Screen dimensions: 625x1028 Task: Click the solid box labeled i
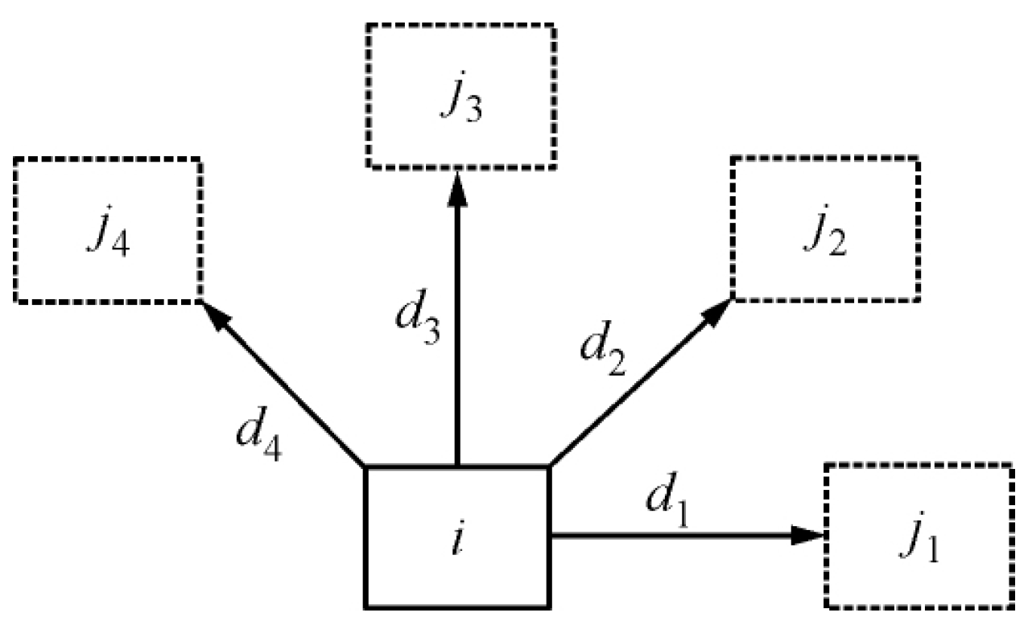coord(457,536)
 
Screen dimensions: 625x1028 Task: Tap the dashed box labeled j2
coord(825,229)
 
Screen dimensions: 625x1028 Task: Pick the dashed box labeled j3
coord(460,97)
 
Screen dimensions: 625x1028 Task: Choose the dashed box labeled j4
coord(108,230)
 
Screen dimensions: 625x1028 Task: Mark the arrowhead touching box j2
coord(716,312)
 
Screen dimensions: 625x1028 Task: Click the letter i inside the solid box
coord(457,535)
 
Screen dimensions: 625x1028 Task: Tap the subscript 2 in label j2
coord(837,241)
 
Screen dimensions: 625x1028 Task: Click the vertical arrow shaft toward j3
coord(457,338)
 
